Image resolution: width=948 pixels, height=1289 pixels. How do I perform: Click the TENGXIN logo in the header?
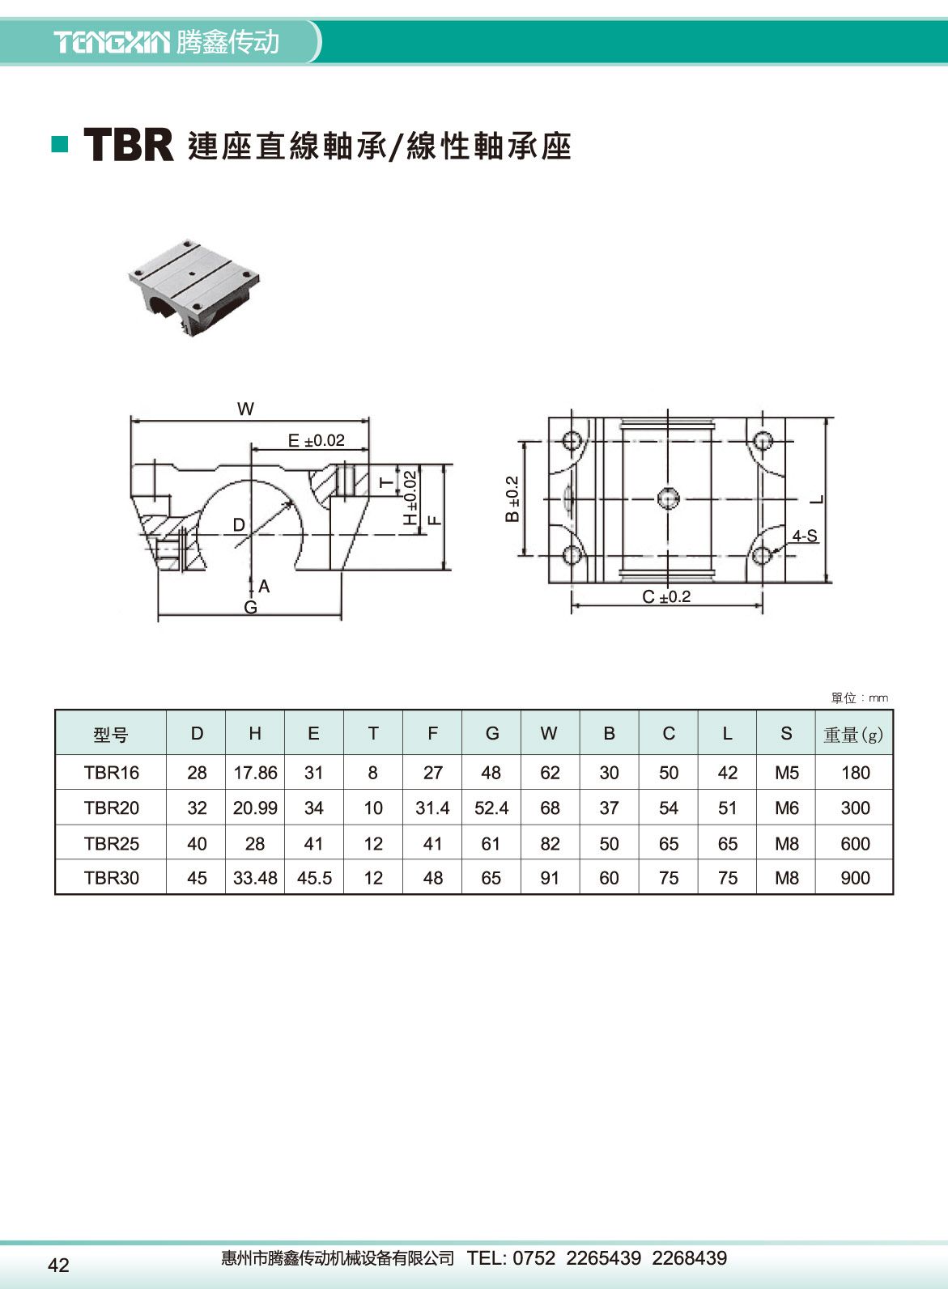pyautogui.click(x=112, y=42)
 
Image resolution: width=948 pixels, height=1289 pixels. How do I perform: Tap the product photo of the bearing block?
pyautogui.click(x=194, y=287)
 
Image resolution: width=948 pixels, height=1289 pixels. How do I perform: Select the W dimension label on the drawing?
pyautogui.click(x=245, y=409)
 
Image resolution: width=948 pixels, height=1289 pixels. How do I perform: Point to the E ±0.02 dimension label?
pyautogui.click(x=316, y=441)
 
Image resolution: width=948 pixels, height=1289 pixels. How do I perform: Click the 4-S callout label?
pyautogui.click(x=804, y=536)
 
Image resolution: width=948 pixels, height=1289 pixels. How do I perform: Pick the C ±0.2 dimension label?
pyautogui.click(x=666, y=597)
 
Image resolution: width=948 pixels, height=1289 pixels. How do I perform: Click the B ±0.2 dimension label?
pyautogui.click(x=512, y=498)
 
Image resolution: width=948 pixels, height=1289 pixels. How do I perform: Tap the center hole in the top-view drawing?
pyautogui.click(x=668, y=498)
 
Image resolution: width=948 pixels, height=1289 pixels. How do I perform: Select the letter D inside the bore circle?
pyautogui.click(x=239, y=525)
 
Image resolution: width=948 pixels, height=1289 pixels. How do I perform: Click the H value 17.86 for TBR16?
pyautogui.click(x=255, y=773)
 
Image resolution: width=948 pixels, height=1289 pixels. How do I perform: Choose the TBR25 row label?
pyautogui.click(x=111, y=844)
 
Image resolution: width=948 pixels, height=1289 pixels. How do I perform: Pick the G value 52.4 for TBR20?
pyautogui.click(x=491, y=808)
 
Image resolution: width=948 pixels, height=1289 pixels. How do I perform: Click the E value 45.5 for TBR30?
pyautogui.click(x=314, y=878)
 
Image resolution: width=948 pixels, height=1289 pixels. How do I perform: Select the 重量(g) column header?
pyautogui.click(x=853, y=735)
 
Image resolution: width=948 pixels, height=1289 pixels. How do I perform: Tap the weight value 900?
pyautogui.click(x=855, y=878)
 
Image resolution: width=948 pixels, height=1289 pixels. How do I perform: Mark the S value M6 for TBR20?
pyautogui.click(x=786, y=808)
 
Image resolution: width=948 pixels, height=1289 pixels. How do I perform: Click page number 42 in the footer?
pyautogui.click(x=59, y=1266)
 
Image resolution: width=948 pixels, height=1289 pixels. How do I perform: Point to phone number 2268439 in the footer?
pyautogui.click(x=689, y=1258)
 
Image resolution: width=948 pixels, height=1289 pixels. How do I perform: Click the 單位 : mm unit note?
pyautogui.click(x=859, y=698)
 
